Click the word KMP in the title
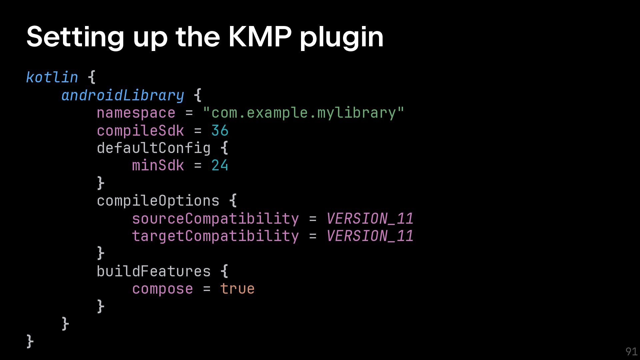(x=260, y=37)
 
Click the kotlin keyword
(x=52, y=77)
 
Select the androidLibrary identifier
(x=123, y=95)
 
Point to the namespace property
(x=136, y=113)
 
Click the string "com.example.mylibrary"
(x=303, y=113)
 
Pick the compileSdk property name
(x=140, y=131)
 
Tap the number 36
(x=220, y=131)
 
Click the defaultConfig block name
(x=154, y=148)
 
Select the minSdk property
(x=158, y=166)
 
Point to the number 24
(x=220, y=166)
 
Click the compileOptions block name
(x=158, y=201)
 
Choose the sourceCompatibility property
(x=215, y=219)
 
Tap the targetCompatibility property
(x=215, y=236)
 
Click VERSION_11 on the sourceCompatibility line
(x=370, y=219)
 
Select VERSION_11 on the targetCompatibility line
(x=370, y=236)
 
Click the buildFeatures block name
(x=154, y=271)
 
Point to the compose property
(x=162, y=289)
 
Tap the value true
(x=237, y=289)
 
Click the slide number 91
(x=631, y=351)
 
